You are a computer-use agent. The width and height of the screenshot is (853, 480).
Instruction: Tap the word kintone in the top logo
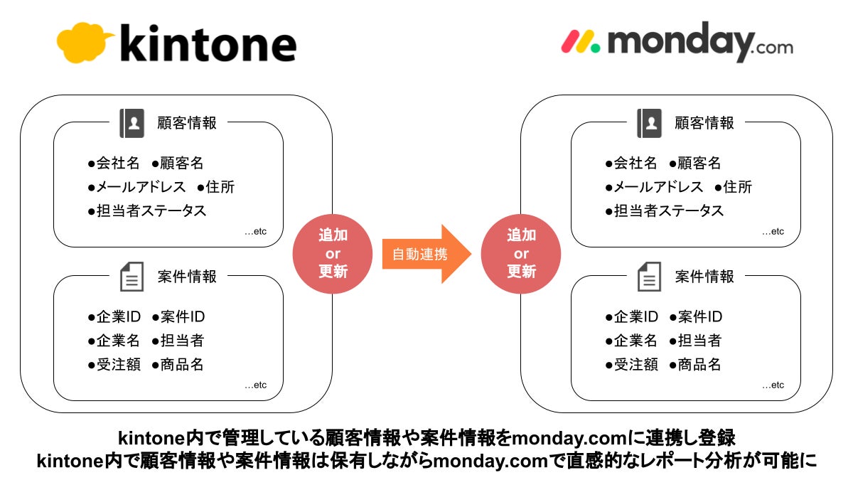[208, 44]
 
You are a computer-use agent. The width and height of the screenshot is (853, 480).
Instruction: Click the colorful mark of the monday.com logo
[580, 41]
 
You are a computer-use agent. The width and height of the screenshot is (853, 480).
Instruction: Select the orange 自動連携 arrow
[425, 254]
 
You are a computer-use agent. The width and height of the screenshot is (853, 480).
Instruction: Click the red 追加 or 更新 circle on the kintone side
[333, 254]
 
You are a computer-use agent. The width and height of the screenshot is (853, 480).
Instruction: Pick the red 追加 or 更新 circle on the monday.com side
[521, 254]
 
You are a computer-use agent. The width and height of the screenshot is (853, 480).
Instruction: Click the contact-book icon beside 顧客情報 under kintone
[132, 123]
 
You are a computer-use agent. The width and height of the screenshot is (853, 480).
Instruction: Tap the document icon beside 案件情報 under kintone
[132, 276]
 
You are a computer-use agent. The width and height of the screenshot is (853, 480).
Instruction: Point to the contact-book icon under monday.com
[649, 123]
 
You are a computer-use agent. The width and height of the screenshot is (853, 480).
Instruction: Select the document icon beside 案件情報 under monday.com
[649, 276]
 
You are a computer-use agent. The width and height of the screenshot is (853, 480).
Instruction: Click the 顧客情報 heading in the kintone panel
[187, 123]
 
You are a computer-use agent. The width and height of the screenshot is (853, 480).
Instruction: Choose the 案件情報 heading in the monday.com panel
[704, 276]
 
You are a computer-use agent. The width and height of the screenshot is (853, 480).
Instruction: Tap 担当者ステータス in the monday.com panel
[668, 210]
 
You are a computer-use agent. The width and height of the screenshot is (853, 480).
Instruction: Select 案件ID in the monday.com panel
[700, 317]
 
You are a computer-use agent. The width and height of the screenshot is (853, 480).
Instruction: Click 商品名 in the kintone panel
[182, 365]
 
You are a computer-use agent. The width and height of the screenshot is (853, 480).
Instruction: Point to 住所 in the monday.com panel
[737, 187]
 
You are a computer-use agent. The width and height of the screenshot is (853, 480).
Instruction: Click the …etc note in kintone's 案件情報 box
[255, 385]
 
